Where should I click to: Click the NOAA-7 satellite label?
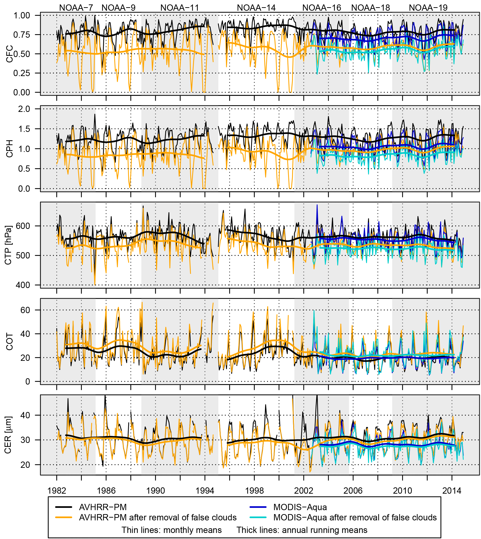(x=76, y=8)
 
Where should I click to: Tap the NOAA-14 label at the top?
(x=256, y=8)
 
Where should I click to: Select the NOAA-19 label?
(x=428, y=8)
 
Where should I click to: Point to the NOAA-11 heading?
(x=179, y=8)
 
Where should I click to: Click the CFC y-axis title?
(x=10, y=54)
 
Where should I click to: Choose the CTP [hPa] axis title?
(x=8, y=245)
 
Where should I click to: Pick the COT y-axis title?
(x=10, y=342)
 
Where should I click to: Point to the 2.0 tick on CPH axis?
(x=24, y=109)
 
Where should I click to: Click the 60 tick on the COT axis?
(x=25, y=310)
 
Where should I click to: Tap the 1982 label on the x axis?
(x=57, y=491)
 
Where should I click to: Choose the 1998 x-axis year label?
(x=254, y=491)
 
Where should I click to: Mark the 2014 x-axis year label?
(x=452, y=491)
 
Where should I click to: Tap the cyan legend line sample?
(x=258, y=517)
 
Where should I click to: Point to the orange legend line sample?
(x=64, y=517)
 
